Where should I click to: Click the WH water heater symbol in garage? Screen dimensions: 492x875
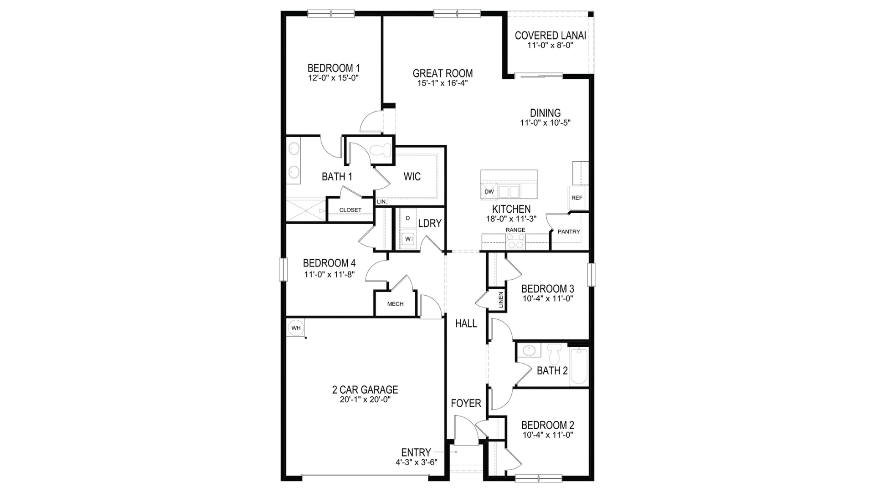(296, 328)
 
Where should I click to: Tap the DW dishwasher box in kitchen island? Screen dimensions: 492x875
(489, 192)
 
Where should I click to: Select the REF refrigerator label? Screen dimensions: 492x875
(576, 198)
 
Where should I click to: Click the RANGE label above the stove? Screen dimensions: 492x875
(515, 230)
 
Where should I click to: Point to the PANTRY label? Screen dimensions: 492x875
(569, 232)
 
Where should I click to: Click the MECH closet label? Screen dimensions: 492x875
(395, 304)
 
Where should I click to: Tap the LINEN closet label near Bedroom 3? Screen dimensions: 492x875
(501, 300)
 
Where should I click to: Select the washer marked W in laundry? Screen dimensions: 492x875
(408, 238)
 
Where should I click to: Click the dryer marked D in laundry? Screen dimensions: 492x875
(408, 218)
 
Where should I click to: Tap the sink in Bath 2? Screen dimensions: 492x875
(529, 350)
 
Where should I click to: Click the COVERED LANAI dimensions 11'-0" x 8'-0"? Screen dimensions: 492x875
(550, 46)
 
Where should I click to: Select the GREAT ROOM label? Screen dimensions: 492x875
(443, 73)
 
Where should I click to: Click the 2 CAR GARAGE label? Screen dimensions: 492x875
(365, 389)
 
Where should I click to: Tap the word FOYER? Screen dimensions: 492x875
(466, 403)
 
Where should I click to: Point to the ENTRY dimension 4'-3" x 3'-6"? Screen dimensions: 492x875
(416, 462)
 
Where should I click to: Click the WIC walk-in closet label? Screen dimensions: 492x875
(412, 177)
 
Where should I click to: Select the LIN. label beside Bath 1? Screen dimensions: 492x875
(381, 201)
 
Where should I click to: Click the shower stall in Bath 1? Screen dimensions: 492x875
(306, 210)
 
